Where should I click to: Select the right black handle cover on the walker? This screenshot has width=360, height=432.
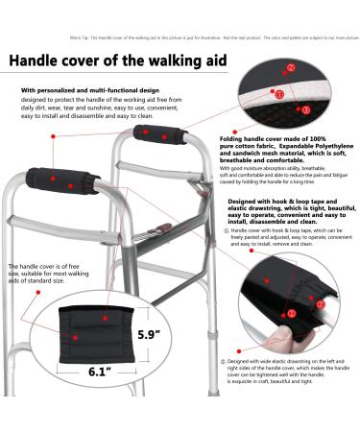(x=151, y=133)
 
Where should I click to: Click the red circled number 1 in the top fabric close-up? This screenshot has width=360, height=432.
(x=279, y=95)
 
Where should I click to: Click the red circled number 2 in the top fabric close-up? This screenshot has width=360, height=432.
(x=291, y=68)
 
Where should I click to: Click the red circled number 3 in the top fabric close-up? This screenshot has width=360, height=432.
(x=306, y=110)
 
